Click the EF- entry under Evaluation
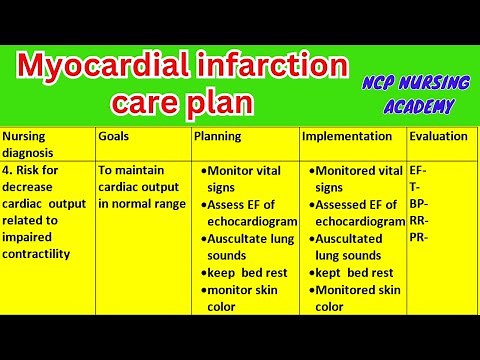coord(419,171)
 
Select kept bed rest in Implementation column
coord(352,272)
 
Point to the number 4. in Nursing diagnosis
coord(8,170)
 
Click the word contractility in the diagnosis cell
coord(36,254)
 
